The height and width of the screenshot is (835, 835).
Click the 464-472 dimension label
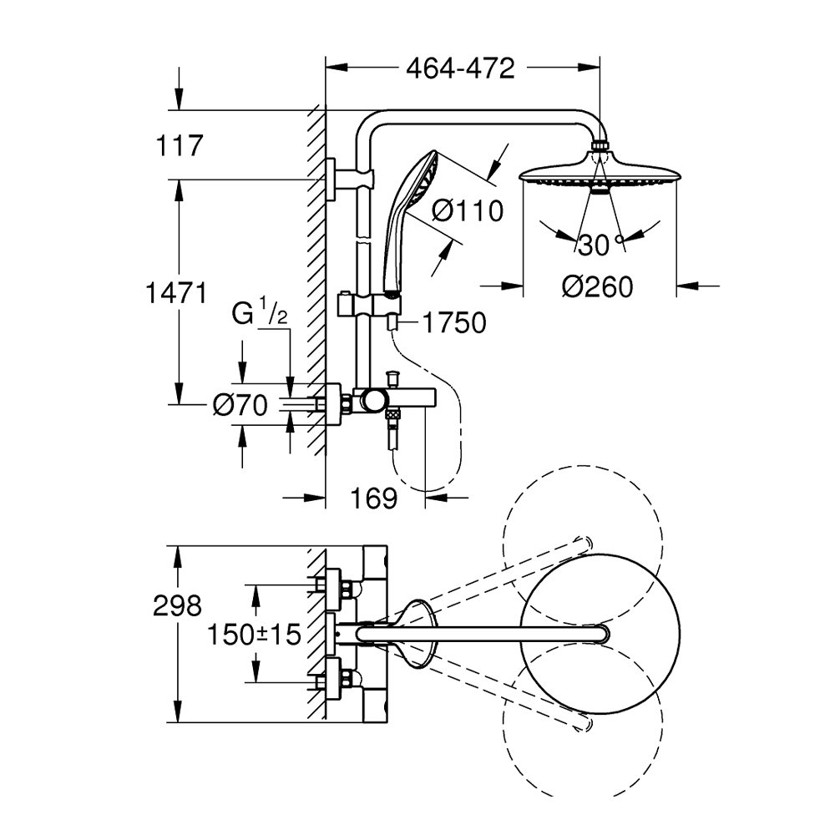tap(460, 68)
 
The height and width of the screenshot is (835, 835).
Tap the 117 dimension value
tap(180, 146)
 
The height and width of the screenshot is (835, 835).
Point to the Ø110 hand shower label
tap(468, 210)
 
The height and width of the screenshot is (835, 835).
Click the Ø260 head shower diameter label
tap(597, 286)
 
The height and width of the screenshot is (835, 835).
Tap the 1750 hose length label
tap(454, 323)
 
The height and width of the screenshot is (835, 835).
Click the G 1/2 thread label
tap(260, 315)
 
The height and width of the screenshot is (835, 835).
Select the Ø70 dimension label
tap(240, 406)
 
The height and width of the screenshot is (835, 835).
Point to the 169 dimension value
tap(373, 499)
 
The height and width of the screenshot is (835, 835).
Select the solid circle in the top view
tap(599, 635)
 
